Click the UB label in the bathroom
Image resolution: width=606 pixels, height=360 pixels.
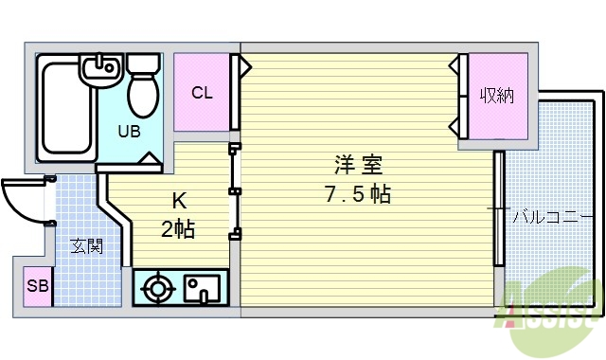coord(130,132)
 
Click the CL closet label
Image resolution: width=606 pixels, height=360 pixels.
coord(202,93)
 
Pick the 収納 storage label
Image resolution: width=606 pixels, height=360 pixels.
coord(495,96)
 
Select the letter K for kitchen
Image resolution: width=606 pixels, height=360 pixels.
coord(177,201)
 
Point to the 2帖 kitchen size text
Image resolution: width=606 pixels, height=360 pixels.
coord(177,229)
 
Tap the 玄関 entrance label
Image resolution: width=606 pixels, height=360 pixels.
coord(86,246)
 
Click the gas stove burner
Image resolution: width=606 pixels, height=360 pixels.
coord(157,287)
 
